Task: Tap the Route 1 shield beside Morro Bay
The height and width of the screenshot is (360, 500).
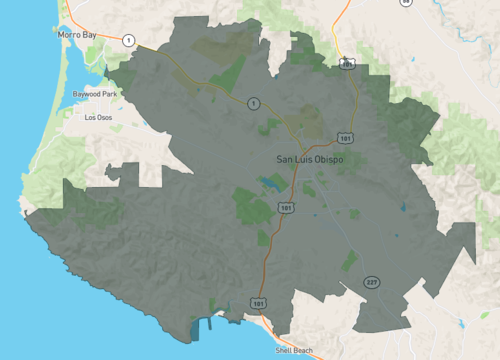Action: (x=128, y=40)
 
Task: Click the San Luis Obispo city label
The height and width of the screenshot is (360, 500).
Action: (x=313, y=159)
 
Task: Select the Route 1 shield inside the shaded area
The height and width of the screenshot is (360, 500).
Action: (x=254, y=103)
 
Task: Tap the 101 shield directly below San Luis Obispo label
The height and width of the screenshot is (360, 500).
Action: (x=287, y=207)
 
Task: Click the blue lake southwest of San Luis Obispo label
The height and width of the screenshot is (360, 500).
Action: (x=268, y=183)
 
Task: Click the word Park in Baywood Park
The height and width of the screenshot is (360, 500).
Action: (x=108, y=94)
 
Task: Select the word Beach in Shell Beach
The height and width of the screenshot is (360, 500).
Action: (x=304, y=351)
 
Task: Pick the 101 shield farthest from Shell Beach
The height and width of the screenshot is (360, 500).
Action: (x=347, y=64)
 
